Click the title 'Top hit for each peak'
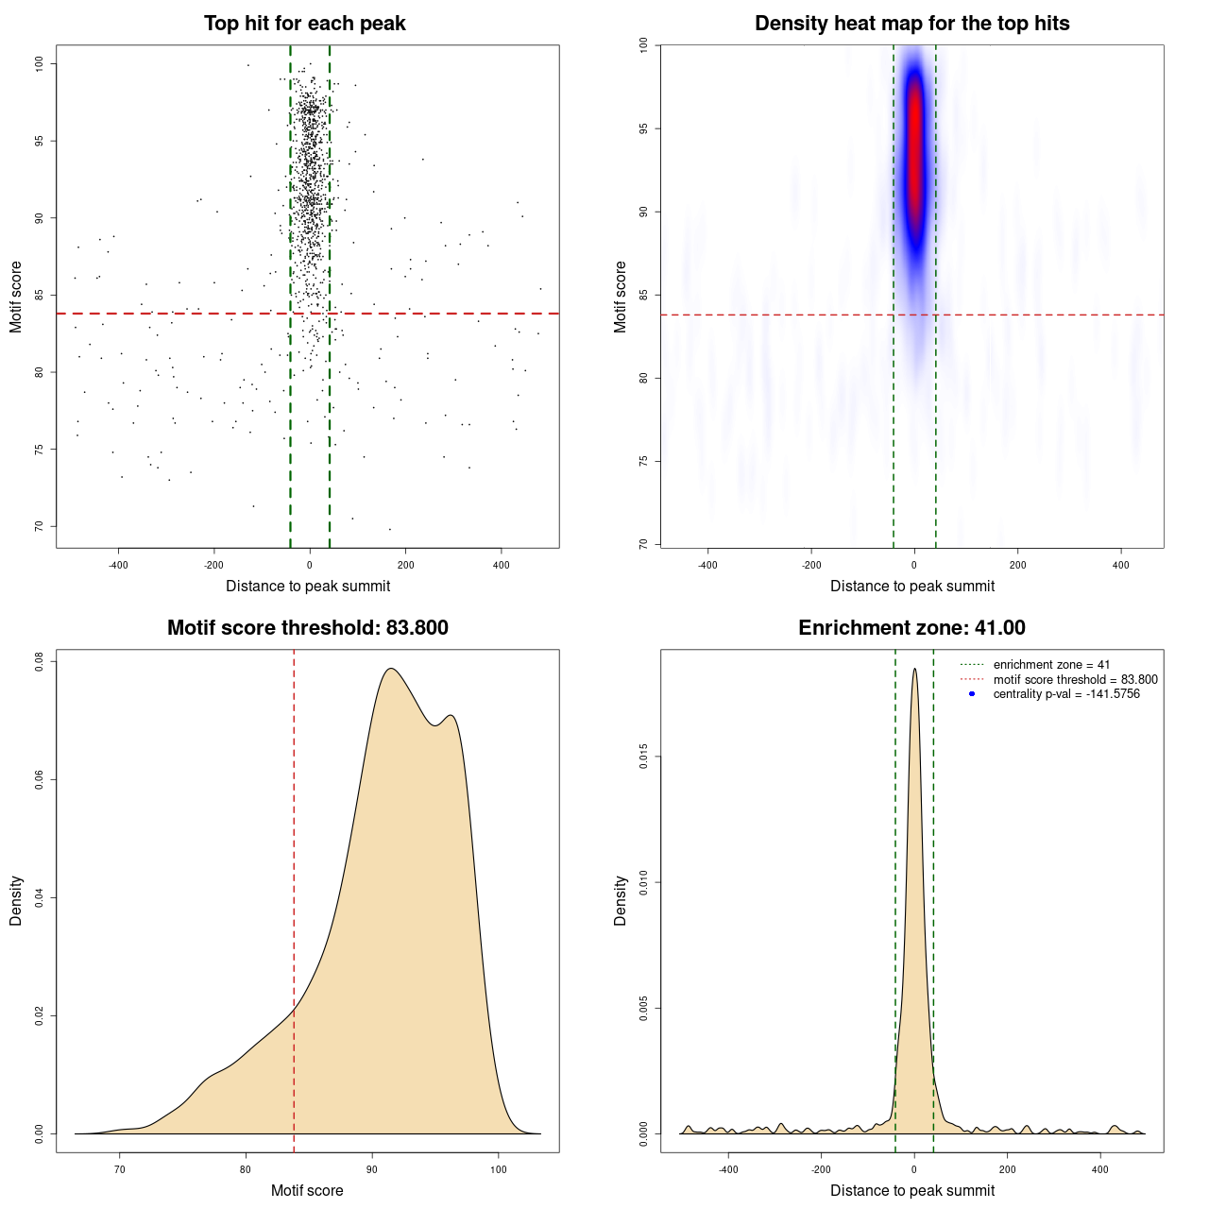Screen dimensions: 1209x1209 pos(304,24)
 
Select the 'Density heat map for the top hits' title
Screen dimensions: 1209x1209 pos(911,24)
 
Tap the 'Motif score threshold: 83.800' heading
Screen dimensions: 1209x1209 pos(307,628)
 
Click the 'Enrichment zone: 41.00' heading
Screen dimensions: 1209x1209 pos(911,628)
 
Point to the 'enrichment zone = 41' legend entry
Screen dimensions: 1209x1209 pos(1051,665)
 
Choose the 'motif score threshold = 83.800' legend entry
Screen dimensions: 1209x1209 pos(1075,679)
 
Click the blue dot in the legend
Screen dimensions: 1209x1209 pos(972,694)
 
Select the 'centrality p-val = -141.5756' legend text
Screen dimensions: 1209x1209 pos(1066,694)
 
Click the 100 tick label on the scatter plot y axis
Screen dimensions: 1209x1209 pos(40,63)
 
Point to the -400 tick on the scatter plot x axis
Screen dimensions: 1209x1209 pos(118,566)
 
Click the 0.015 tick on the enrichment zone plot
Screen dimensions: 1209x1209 pos(644,757)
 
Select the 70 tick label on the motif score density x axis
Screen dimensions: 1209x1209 pos(119,1169)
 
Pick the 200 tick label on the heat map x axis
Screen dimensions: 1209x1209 pos(1017,566)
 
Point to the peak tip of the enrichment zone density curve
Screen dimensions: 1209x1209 pos(914,670)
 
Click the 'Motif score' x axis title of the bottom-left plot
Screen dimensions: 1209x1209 pos(307,1190)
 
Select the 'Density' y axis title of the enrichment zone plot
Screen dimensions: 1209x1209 pos(621,900)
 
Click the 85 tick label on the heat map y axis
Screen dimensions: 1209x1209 pos(644,295)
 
